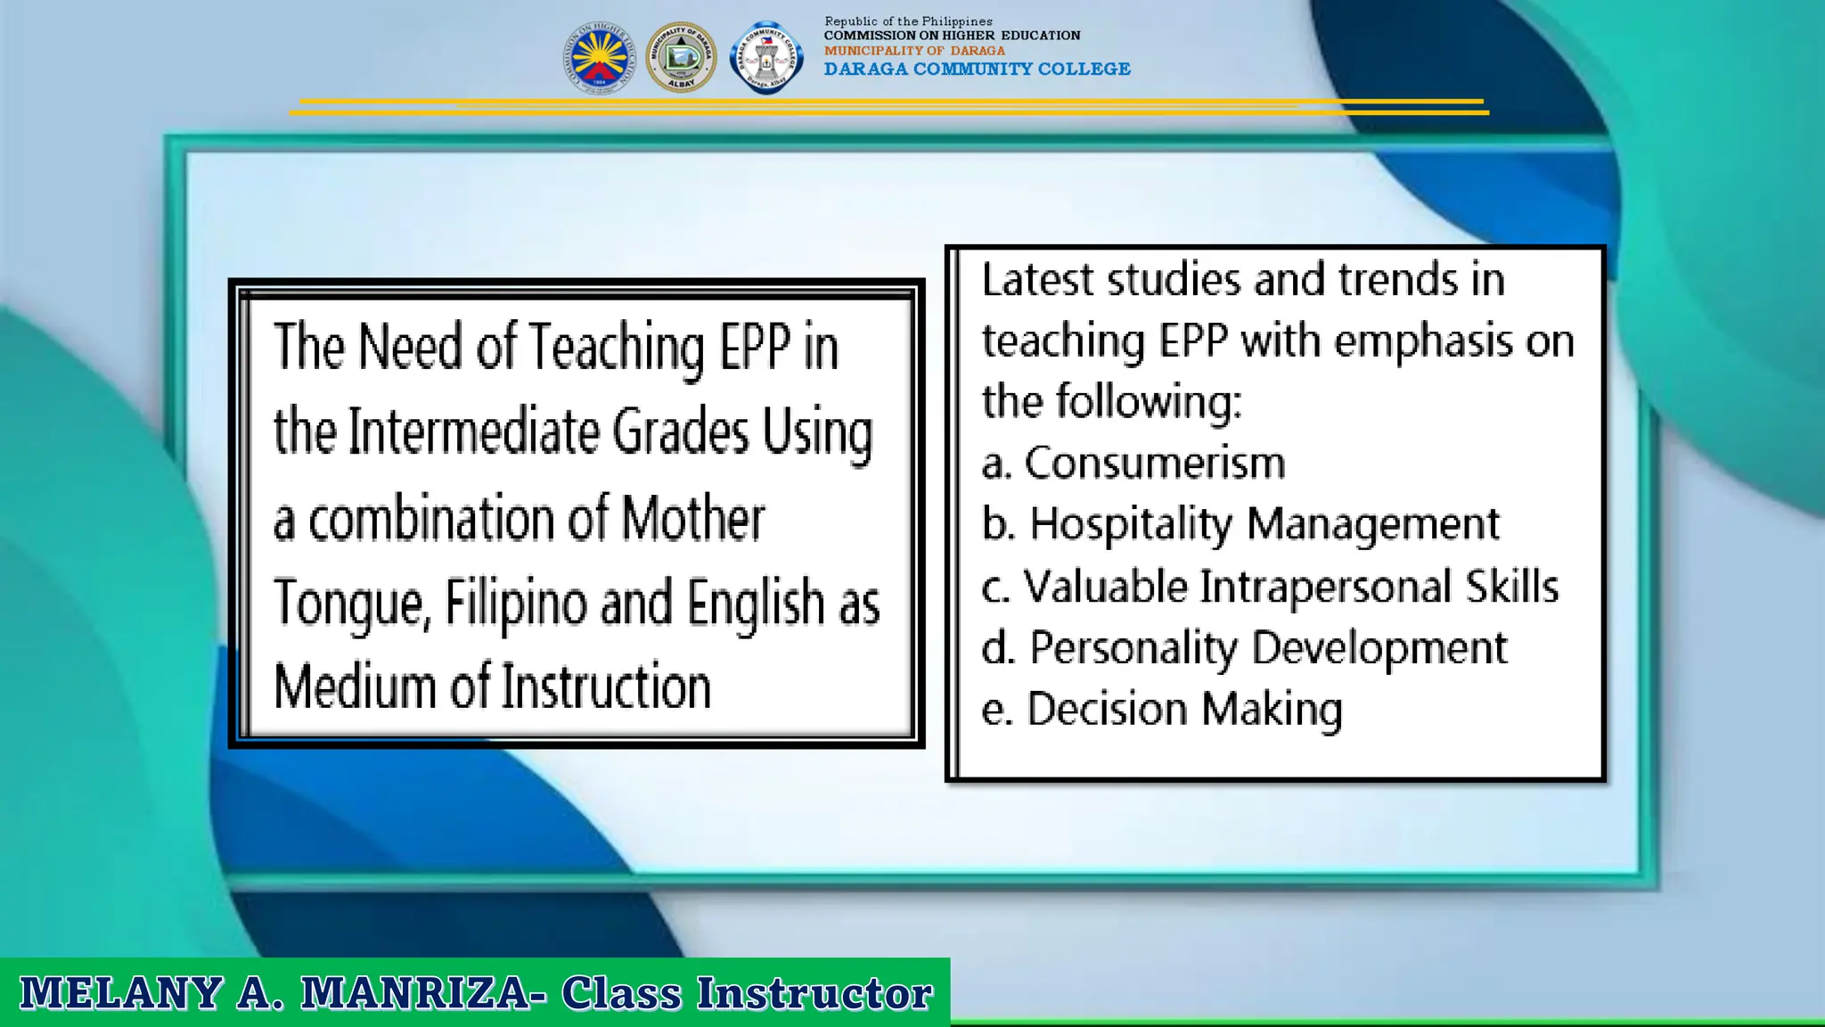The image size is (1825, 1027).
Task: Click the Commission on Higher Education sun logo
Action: point(599,58)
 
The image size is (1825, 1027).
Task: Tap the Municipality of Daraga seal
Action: point(681,58)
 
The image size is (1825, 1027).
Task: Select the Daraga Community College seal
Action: point(766,58)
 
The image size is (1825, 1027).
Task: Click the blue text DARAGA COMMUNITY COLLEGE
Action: point(977,70)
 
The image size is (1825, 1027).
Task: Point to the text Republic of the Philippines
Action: point(908,21)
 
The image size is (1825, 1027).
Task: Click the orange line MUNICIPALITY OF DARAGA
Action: point(914,51)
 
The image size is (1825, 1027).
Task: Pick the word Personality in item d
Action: point(1133,648)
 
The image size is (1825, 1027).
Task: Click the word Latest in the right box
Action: point(1037,280)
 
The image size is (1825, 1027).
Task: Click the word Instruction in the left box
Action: point(605,686)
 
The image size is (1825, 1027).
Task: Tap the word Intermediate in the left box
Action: point(473,432)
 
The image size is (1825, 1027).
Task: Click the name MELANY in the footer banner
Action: point(121,993)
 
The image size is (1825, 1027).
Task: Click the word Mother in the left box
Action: point(692,519)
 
